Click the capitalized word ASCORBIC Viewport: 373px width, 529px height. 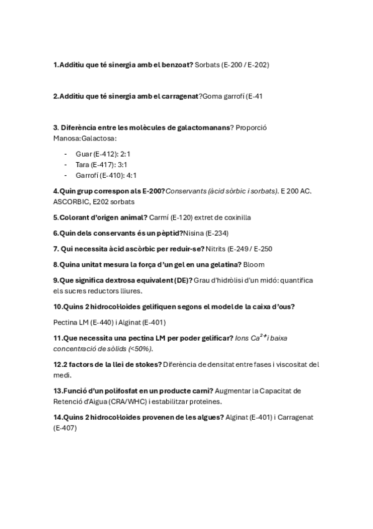point(73,202)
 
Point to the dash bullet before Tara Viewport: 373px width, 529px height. point(66,165)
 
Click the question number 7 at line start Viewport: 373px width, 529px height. point(55,249)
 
